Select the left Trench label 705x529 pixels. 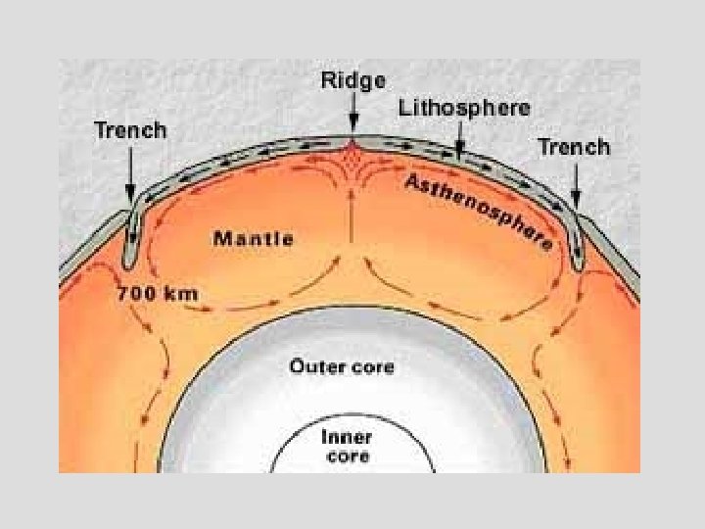130,130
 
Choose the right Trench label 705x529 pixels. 574,147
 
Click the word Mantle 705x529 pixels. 253,238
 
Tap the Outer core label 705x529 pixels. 342,367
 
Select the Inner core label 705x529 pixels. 345,447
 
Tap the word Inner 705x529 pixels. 345,438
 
